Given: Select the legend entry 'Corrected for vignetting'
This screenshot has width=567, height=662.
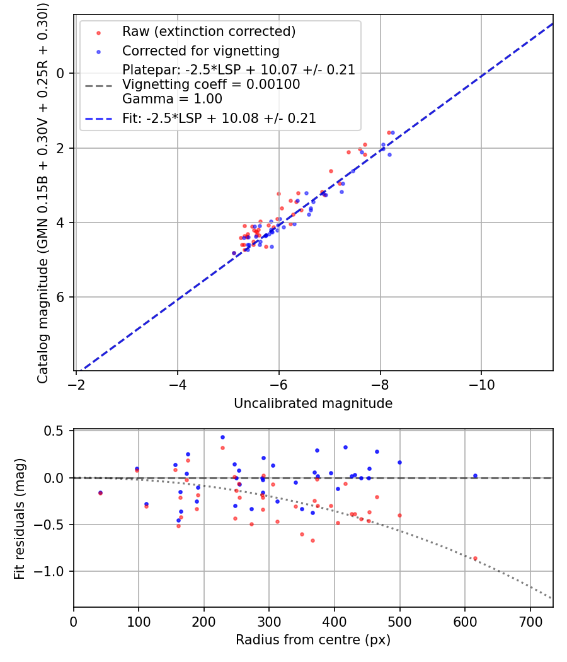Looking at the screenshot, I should [200, 50].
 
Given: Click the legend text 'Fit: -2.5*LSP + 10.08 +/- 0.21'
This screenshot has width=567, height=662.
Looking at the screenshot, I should [219, 118].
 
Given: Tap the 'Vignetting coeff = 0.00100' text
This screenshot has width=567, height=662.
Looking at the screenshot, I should [211, 84].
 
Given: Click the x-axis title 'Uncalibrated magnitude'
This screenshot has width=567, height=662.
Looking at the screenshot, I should [313, 404].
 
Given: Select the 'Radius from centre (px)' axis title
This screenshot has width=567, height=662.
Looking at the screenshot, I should [313, 640].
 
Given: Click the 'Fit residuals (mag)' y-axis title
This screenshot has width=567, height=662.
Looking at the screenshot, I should [20, 518].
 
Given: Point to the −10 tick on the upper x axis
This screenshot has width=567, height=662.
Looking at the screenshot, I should [481, 384].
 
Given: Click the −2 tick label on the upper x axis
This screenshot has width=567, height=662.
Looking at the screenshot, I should [76, 384].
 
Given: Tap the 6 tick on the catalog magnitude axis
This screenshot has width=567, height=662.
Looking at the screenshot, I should [60, 297].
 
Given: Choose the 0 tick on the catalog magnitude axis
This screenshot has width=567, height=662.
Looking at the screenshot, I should [60, 74].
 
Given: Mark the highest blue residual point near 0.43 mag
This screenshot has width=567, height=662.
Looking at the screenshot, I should [222, 437].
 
